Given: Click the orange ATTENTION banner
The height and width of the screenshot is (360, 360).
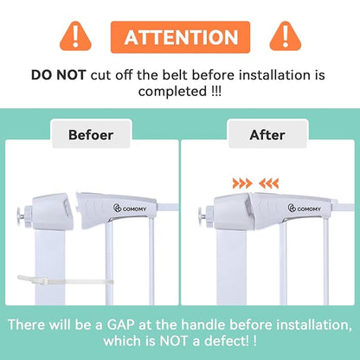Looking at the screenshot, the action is pyautogui.click(x=180, y=37).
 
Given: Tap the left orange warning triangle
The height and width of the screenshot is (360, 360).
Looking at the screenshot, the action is pyautogui.click(x=75, y=36).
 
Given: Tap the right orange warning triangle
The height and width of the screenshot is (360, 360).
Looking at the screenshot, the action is pyautogui.click(x=286, y=36).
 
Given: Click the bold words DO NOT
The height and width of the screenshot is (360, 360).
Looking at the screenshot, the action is pyautogui.click(x=59, y=75).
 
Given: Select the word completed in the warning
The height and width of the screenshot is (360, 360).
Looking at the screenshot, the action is pyautogui.click(x=171, y=92).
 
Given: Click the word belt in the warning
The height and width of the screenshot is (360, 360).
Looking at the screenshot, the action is pyautogui.click(x=176, y=75).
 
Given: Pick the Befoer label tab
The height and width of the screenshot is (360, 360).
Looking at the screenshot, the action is pyautogui.click(x=91, y=134).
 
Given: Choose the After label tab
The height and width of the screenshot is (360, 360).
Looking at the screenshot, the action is pyautogui.click(x=267, y=134).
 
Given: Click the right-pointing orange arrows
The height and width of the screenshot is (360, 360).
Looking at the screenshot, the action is pyautogui.click(x=242, y=183).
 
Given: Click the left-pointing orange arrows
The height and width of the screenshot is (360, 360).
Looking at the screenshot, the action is pyautogui.click(x=268, y=183).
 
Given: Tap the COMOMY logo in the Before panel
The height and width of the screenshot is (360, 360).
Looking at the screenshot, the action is pyautogui.click(x=130, y=208).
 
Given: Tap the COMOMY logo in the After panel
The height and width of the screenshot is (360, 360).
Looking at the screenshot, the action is pyautogui.click(x=305, y=208).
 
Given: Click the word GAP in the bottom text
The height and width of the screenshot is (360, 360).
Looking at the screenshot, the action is pyautogui.click(x=121, y=325).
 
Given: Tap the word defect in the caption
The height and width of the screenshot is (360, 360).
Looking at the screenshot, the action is pyautogui.click(x=224, y=341).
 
